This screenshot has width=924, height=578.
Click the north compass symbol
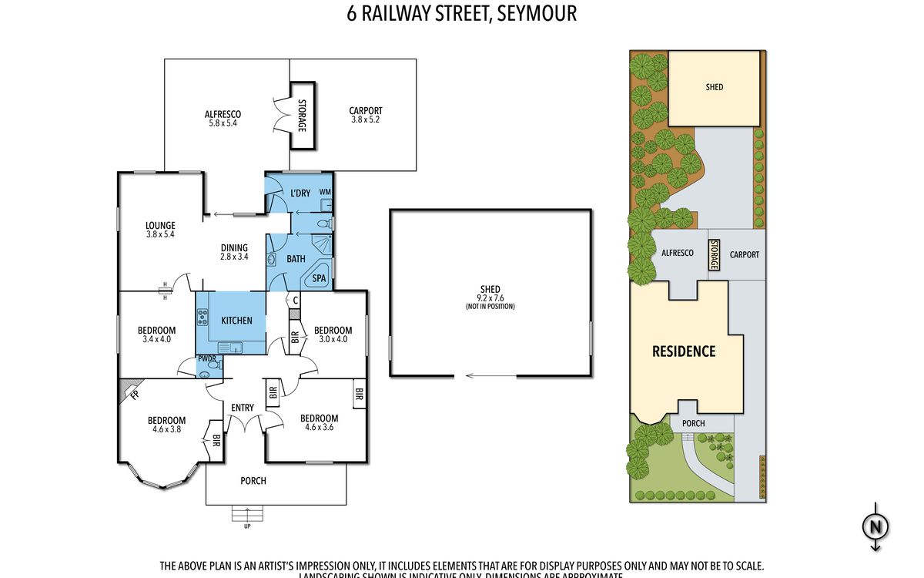tap(875, 528)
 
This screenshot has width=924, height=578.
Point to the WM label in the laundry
tap(324, 192)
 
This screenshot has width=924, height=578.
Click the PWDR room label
tap(206, 358)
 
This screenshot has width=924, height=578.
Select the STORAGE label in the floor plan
tap(302, 115)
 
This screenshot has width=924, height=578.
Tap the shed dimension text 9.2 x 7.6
tap(490, 298)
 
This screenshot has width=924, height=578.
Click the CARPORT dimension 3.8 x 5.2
tap(366, 120)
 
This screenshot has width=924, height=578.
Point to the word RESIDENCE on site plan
tap(684, 351)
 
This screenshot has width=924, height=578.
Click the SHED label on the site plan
tap(715, 87)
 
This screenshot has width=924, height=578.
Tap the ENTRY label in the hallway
tap(243, 408)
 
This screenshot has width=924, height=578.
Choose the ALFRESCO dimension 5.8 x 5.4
tap(224, 123)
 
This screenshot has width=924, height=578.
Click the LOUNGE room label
tap(160, 226)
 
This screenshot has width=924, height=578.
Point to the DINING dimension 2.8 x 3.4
tap(233, 257)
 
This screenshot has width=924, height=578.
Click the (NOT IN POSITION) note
tap(490, 307)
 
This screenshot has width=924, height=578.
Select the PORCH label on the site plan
tap(693, 423)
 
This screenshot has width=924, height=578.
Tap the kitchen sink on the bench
tap(229, 347)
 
